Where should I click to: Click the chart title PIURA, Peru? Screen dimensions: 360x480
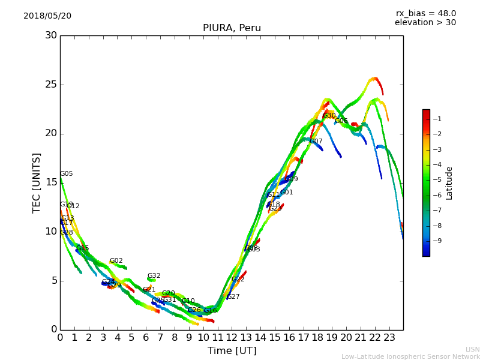click(232, 28)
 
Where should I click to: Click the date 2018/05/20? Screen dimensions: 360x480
click(47, 16)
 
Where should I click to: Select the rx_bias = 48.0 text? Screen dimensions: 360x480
click(425, 13)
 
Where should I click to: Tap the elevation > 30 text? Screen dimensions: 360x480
click(425, 23)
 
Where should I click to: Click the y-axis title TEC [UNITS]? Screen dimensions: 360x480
click(37, 182)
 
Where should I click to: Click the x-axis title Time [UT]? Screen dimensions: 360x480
click(232, 351)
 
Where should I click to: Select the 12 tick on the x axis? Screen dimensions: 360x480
click(232, 338)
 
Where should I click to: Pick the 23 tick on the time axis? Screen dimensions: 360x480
click(389, 338)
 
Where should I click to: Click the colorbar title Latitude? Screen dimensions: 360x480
click(449, 183)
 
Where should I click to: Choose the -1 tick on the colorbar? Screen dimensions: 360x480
click(437, 119)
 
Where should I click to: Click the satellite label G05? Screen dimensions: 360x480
click(66, 174)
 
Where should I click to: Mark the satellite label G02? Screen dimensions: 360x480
click(116, 261)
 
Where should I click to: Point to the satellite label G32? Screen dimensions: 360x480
click(154, 276)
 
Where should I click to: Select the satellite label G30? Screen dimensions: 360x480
click(329, 116)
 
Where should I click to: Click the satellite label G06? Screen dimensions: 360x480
click(341, 121)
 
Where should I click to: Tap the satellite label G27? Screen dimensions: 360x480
click(233, 297)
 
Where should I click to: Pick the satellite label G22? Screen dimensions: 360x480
click(238, 280)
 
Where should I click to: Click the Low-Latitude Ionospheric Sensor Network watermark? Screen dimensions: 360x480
click(410, 356)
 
